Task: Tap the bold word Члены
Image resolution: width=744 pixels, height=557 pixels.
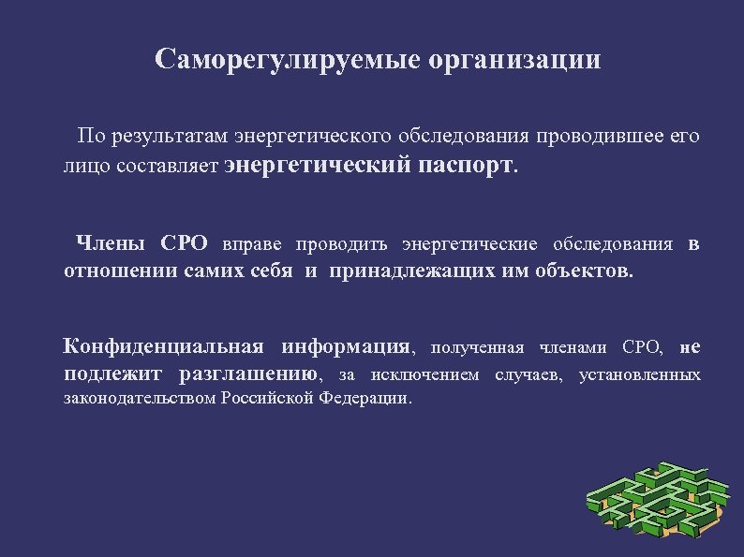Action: click(x=110, y=245)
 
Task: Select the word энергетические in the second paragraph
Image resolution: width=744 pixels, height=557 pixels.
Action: click(x=469, y=245)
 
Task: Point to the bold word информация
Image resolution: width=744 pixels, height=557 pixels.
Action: click(x=345, y=348)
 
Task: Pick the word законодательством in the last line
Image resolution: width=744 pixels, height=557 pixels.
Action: click(x=140, y=398)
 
